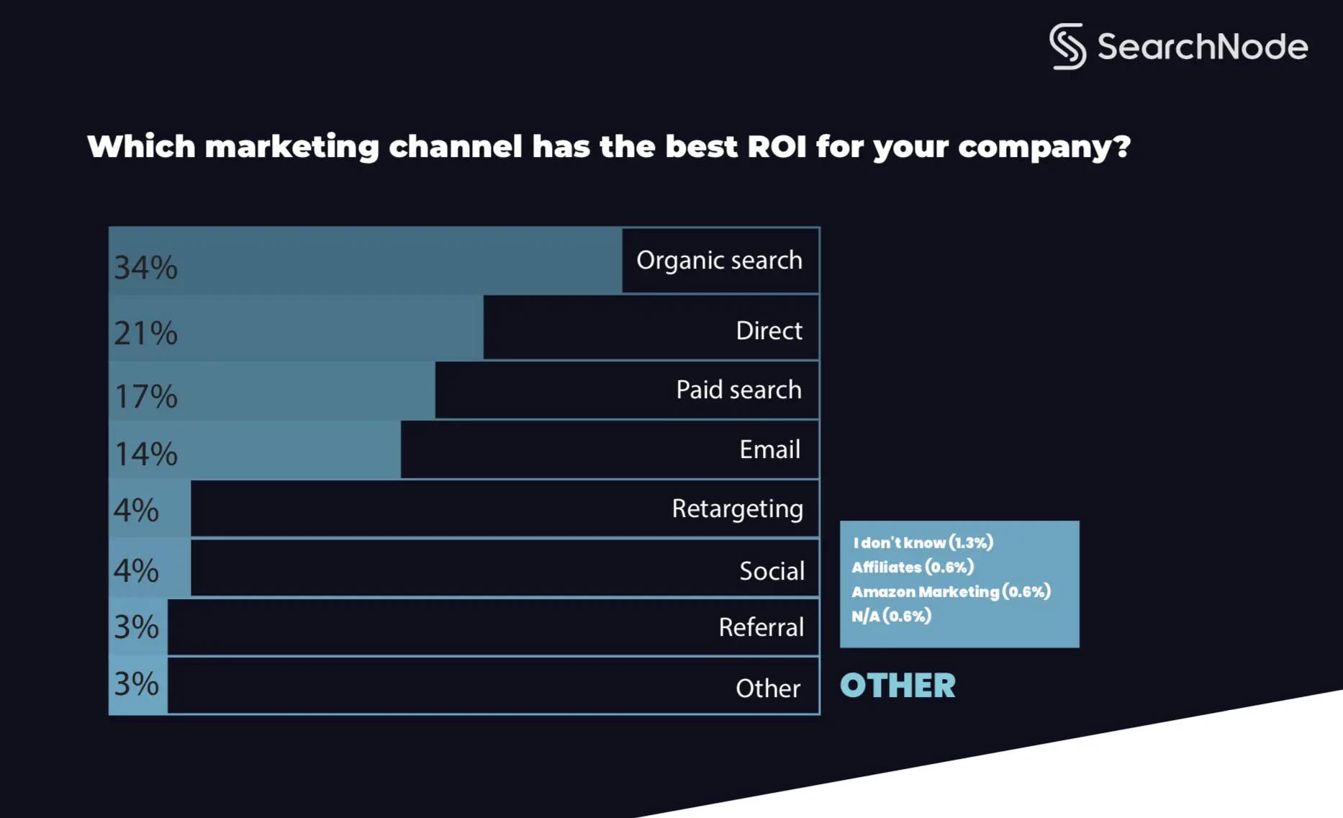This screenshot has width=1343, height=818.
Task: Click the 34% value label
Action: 145,268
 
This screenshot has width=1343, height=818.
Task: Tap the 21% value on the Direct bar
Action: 145,333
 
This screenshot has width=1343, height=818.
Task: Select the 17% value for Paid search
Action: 145,397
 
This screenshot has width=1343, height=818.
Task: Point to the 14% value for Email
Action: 145,454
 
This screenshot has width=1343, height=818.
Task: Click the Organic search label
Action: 719,261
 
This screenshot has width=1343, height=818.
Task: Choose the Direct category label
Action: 769,331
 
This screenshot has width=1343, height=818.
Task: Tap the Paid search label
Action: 738,390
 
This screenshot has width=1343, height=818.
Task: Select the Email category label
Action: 769,449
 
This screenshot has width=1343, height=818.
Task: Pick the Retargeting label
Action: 737,509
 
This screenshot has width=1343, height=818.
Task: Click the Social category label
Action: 772,571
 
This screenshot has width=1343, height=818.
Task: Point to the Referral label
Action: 761,627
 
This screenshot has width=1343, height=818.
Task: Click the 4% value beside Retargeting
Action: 136,511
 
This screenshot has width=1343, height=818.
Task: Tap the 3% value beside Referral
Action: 136,627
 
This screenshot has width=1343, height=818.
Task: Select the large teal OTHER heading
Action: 897,686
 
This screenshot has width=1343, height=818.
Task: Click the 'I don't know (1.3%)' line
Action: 923,543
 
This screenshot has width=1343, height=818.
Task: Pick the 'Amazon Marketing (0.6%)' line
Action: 951,592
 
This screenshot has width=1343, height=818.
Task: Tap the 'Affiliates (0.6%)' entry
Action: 913,567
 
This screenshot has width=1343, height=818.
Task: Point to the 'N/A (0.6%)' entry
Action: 891,616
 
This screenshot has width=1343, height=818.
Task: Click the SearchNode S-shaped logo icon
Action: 1068,45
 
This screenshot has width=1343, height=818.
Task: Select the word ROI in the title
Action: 777,147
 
